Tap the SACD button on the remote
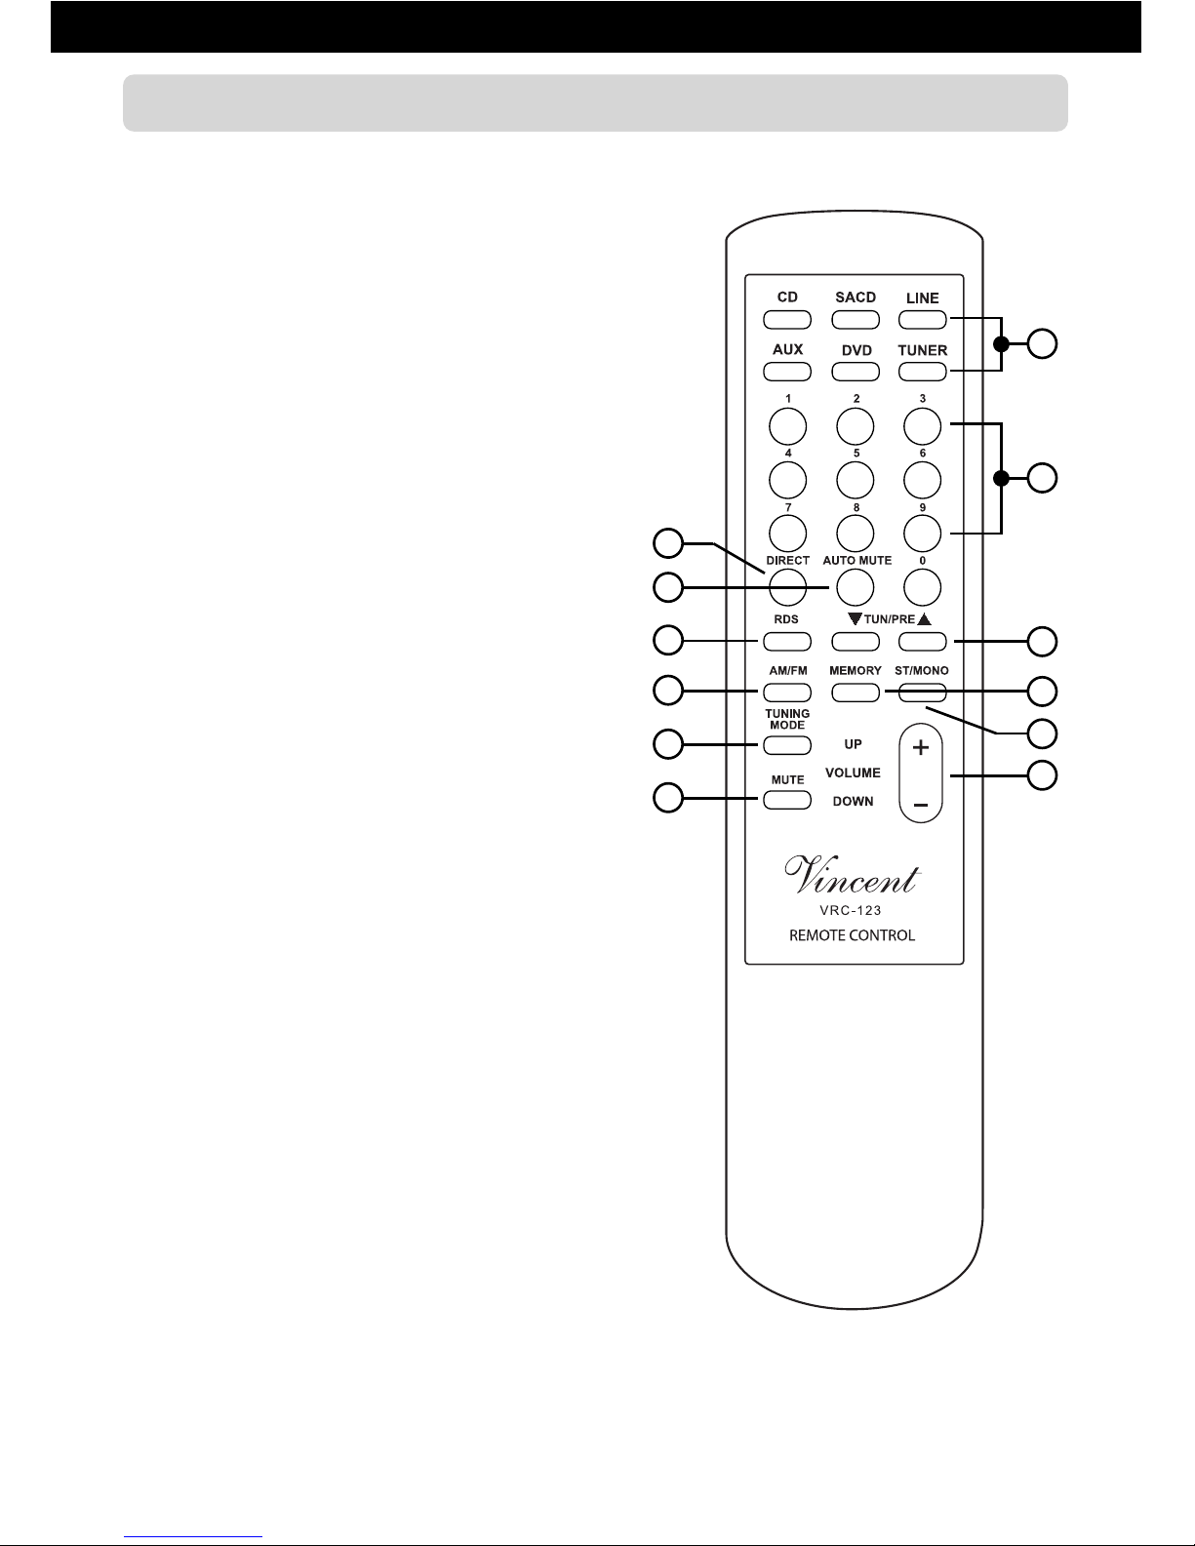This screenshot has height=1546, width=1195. point(855,320)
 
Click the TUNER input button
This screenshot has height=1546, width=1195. point(923,372)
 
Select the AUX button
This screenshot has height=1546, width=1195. point(786,372)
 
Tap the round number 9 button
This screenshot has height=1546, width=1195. point(923,534)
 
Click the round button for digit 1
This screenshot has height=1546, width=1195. point(787,427)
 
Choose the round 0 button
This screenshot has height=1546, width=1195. point(923,587)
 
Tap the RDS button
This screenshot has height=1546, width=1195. point(786,642)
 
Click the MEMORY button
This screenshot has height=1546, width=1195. point(855,693)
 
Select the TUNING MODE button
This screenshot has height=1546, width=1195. point(786,745)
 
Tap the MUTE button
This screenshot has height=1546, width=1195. point(786,801)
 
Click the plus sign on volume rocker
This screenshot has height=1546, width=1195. point(921,748)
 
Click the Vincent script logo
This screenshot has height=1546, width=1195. point(853,875)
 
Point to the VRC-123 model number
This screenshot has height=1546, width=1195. point(850,911)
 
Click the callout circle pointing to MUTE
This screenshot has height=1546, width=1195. point(668,798)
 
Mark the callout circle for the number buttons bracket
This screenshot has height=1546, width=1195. point(1042,478)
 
